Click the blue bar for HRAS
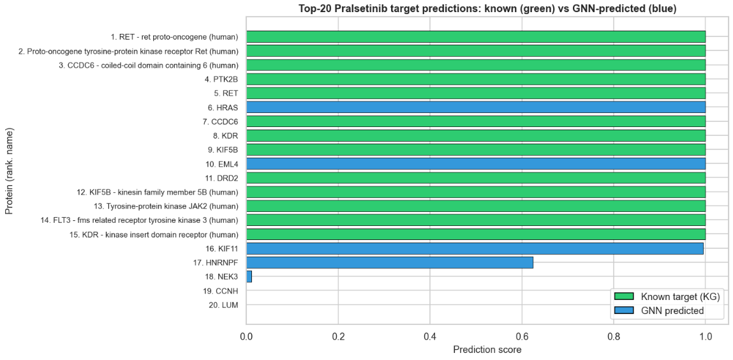tap(475, 107)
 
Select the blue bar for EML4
tap(475, 163)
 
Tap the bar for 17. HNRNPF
tap(389, 262)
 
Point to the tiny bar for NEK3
tap(249, 276)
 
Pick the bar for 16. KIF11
tap(475, 248)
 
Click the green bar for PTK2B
tap(475, 79)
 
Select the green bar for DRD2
tap(475, 177)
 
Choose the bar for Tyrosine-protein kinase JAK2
tap(475, 206)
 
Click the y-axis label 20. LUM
tap(223, 305)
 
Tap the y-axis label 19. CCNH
tap(219, 290)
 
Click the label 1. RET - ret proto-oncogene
tap(174, 37)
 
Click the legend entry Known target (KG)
tap(680, 296)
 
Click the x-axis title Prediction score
tap(487, 350)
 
